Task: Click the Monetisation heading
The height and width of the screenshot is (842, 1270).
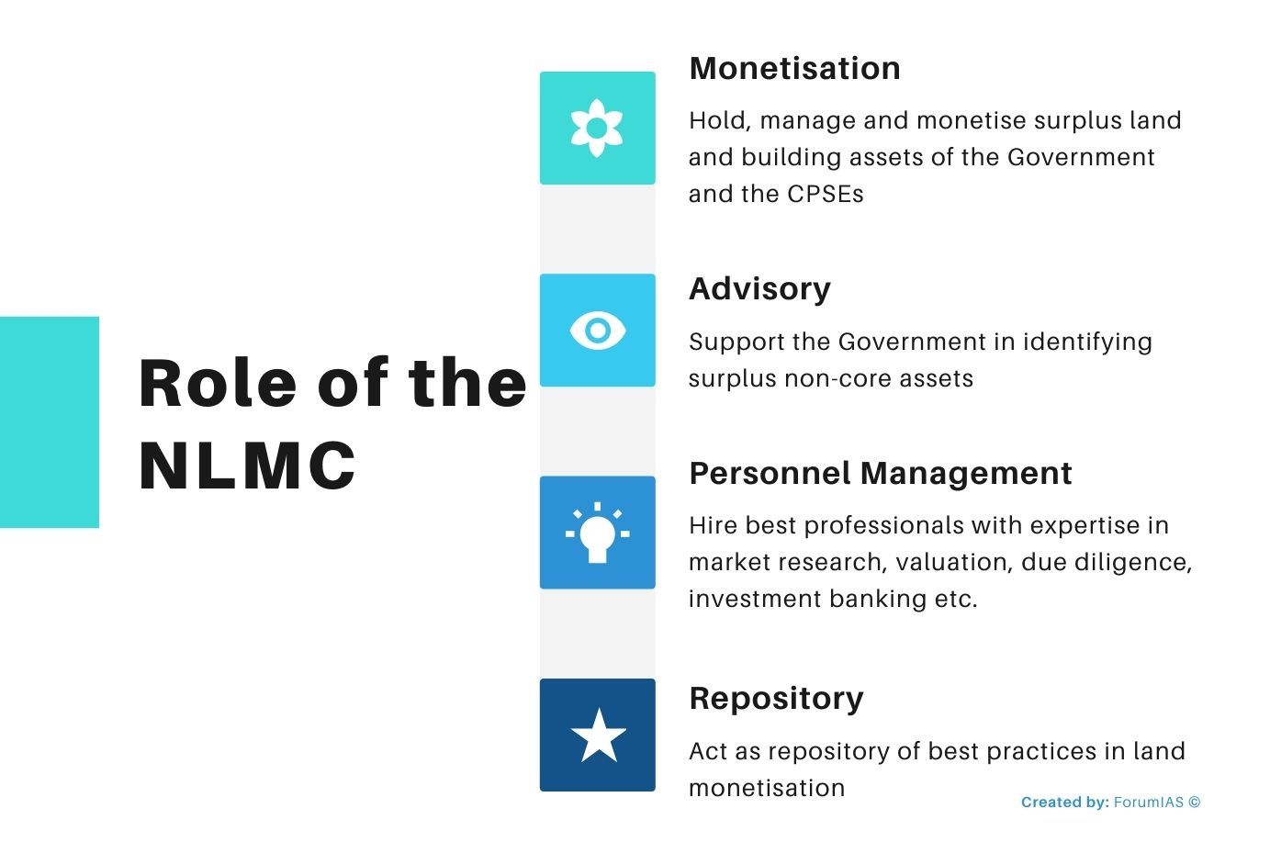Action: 794,69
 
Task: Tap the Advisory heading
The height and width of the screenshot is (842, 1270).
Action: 759,289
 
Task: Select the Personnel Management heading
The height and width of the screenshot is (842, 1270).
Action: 880,474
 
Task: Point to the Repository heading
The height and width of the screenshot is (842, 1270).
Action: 776,699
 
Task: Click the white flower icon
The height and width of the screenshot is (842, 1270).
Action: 597,129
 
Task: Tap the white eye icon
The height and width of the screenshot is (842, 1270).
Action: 597,331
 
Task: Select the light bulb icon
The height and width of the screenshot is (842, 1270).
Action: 597,533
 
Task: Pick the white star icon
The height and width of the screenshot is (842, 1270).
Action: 598,735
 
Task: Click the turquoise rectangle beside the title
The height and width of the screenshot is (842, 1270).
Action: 49,422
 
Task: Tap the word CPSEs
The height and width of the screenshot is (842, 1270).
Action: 825,195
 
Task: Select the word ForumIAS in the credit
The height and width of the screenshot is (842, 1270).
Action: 1148,803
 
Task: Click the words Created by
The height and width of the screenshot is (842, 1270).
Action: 1064,803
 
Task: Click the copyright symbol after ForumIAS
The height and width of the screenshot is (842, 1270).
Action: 1194,802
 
